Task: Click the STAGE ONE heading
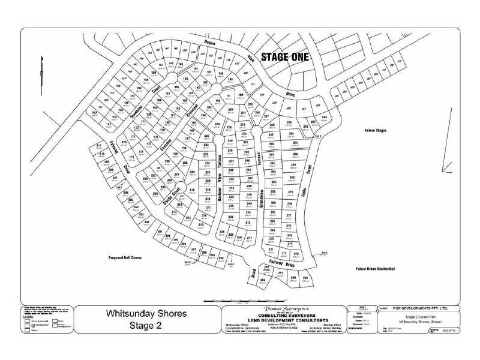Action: pyautogui.click(x=284, y=58)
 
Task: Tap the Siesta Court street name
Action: pyautogui.click(x=169, y=199)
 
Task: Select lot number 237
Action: pyautogui.click(x=230, y=217)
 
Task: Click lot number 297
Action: pyautogui.click(x=194, y=249)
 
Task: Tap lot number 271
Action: pyautogui.click(x=271, y=250)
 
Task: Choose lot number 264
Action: pyautogui.click(x=274, y=181)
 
